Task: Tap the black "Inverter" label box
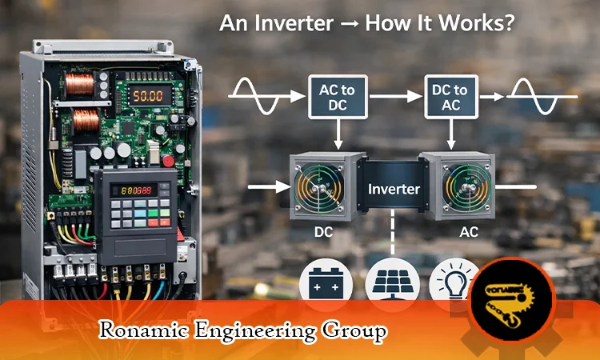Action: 394,189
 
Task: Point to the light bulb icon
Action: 452,282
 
